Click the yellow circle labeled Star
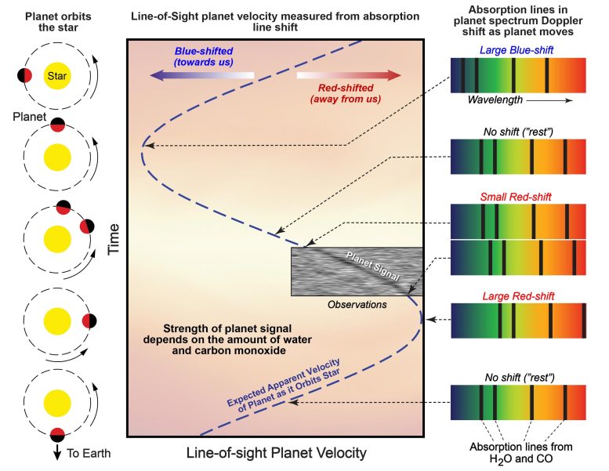pos(56,77)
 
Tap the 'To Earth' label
pos(89,454)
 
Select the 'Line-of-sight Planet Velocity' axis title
pos(276,454)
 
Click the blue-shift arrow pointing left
pos(203,76)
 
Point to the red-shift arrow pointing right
pos(349,76)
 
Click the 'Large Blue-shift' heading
pos(517,49)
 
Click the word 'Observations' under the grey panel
pos(357,304)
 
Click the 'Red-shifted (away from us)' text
pos(346,93)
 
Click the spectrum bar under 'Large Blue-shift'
pos(517,75)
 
